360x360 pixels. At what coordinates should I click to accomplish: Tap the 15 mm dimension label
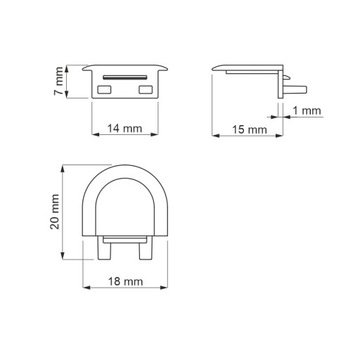point(250,129)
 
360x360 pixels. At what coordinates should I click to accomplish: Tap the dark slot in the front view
point(125,75)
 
